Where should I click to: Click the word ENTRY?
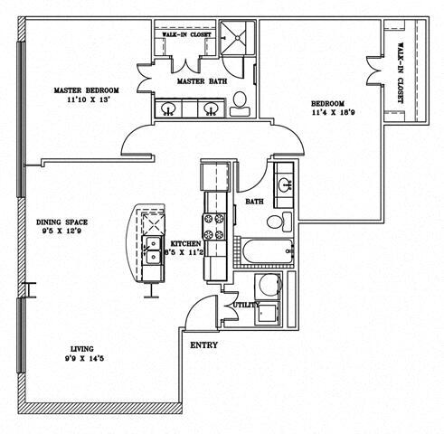coord(202,345)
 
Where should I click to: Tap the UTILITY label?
coord(246,306)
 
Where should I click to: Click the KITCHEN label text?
coord(186,244)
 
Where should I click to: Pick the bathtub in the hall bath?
coord(266,251)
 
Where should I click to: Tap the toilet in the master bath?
coord(239,108)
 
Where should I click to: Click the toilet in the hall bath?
coord(284,221)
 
